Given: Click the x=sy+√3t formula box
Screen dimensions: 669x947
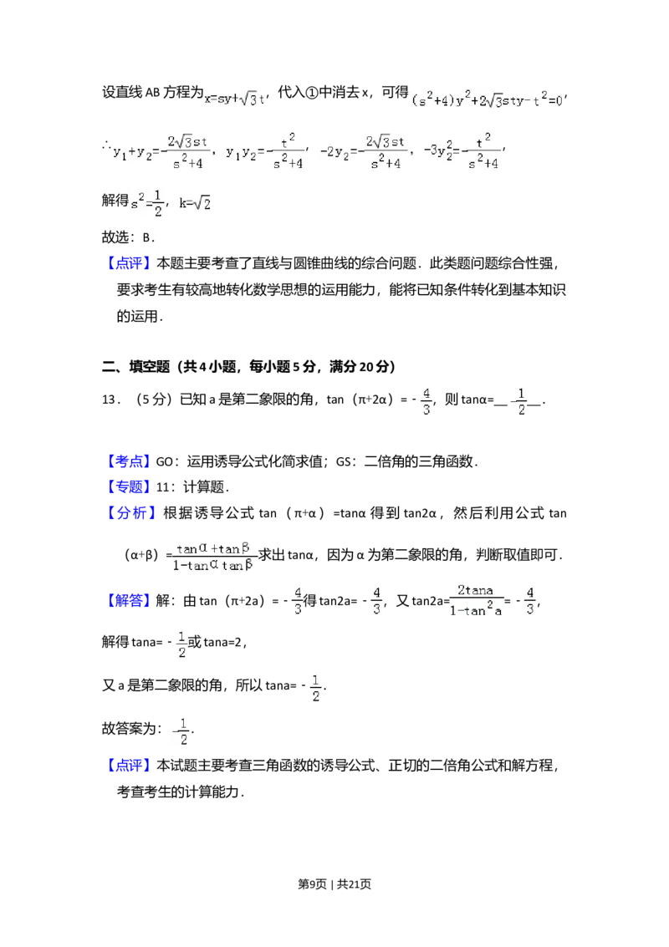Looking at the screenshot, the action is click(x=234, y=99).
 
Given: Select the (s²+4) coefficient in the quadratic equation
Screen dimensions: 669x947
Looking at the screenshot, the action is click(x=431, y=102).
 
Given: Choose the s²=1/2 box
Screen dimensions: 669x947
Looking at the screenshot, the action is click(x=147, y=203).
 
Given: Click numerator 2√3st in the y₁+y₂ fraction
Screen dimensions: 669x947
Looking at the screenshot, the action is click(x=187, y=140).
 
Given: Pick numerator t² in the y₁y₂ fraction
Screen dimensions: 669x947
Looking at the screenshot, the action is click(x=289, y=140).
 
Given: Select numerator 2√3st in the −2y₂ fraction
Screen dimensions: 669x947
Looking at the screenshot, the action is click(x=386, y=140).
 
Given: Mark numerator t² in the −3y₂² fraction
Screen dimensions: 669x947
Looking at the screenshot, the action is click(x=483, y=140).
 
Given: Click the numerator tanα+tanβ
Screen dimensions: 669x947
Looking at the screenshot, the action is click(x=214, y=548).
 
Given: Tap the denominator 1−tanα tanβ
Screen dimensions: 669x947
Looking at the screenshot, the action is click(x=214, y=566).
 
